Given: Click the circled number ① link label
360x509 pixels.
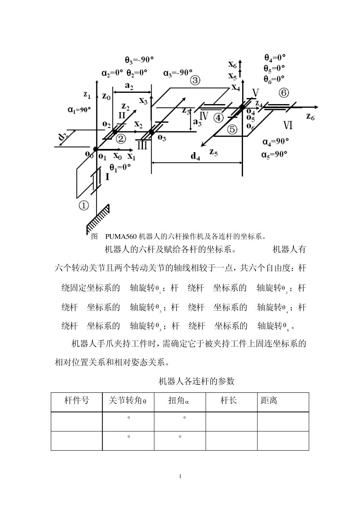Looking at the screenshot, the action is pos(84,206).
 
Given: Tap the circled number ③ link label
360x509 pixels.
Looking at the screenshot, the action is pos(195,80).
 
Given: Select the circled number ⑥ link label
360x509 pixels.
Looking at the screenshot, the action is pos(283,93).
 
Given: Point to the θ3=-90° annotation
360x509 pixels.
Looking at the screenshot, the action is pos(139,60).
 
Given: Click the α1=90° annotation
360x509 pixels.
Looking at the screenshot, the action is pos(79,110).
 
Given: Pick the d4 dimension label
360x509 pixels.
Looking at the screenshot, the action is pos(195,156).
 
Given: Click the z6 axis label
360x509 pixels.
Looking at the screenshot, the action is pos(310,117).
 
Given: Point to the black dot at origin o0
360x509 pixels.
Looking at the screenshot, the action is pos(95,149).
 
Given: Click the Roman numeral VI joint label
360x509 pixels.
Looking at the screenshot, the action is pos(288,125).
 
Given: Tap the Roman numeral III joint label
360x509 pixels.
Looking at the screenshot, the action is pos(142,145).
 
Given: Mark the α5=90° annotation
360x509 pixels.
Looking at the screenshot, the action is pos(274,155).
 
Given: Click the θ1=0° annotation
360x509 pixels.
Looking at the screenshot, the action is pos(120,168).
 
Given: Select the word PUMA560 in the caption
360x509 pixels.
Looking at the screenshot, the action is pos(121,237).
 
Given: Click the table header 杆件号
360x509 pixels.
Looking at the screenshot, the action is pos(77,400).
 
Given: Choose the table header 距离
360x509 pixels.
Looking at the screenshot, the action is pos(269,400).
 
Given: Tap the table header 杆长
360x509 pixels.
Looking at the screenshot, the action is pos(229,400).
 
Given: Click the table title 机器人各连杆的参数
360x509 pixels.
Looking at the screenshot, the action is pos(196,381).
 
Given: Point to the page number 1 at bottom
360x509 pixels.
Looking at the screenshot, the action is pos(180,476).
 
